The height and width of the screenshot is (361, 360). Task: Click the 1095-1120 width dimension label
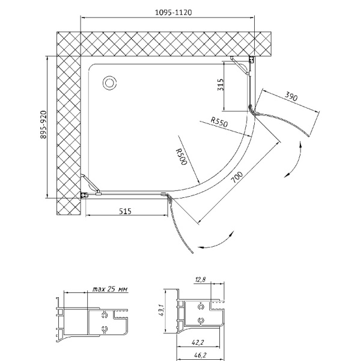(173, 12)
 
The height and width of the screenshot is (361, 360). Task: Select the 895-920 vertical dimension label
(43, 125)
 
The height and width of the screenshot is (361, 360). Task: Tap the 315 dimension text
(221, 84)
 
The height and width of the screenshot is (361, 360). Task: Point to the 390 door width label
(291, 96)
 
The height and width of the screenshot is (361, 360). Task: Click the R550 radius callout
(219, 122)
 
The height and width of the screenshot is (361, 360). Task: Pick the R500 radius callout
(181, 157)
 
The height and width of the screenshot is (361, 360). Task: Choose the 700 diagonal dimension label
(237, 177)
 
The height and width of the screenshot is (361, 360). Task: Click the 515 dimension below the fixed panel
(126, 211)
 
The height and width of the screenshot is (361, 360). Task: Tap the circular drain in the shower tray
(109, 82)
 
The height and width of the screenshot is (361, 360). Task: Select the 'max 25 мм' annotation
(110, 289)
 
